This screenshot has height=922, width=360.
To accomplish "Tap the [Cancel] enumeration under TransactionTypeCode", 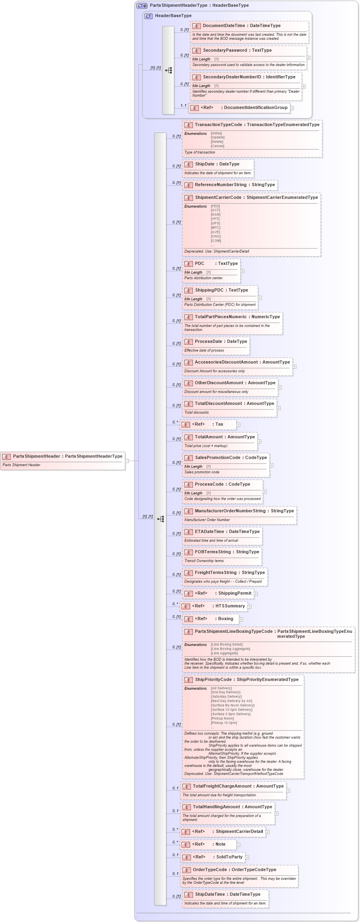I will pos(218,146).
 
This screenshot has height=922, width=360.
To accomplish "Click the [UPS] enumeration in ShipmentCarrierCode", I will pos(215,223).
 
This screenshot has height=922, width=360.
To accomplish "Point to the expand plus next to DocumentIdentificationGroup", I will pos(292,108).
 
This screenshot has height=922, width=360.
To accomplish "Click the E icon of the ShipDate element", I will pos(189,164).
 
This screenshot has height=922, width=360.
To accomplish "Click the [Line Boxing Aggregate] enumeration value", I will pos(230,649).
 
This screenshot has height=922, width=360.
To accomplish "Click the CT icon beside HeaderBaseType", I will pos(148,16).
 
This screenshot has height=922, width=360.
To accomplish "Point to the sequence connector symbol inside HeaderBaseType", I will pos(169,70).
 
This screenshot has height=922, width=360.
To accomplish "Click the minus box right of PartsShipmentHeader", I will pos(127,461).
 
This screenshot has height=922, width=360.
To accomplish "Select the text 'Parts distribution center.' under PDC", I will pos(204,278).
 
